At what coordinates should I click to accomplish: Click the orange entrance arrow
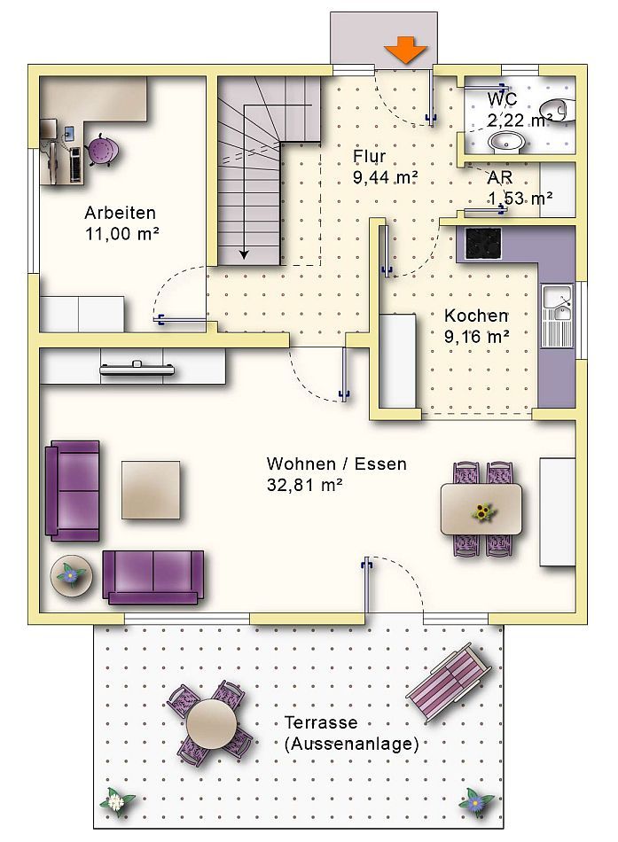click(x=405, y=50)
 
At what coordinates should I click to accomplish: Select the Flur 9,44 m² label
click(x=386, y=167)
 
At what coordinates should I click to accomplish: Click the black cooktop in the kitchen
click(x=483, y=242)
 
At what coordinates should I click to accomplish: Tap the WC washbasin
click(x=505, y=143)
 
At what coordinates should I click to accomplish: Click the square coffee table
click(x=151, y=490)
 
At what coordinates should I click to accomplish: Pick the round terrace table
click(x=212, y=723)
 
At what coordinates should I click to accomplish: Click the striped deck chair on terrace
click(x=449, y=682)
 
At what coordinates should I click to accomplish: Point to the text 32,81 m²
click(x=305, y=485)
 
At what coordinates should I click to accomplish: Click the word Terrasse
click(x=321, y=722)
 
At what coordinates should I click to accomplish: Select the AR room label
click(x=500, y=176)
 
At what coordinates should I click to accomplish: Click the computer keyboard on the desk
click(x=75, y=164)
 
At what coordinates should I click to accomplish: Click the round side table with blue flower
click(x=71, y=574)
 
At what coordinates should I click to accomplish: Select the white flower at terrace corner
click(x=115, y=801)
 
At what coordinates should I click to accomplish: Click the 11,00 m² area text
click(x=122, y=234)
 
